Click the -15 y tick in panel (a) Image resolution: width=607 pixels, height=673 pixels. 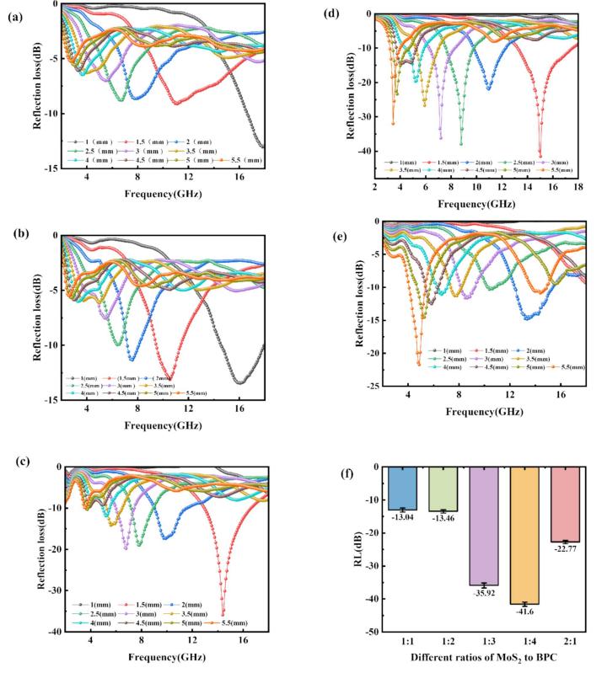coord(49,168)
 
